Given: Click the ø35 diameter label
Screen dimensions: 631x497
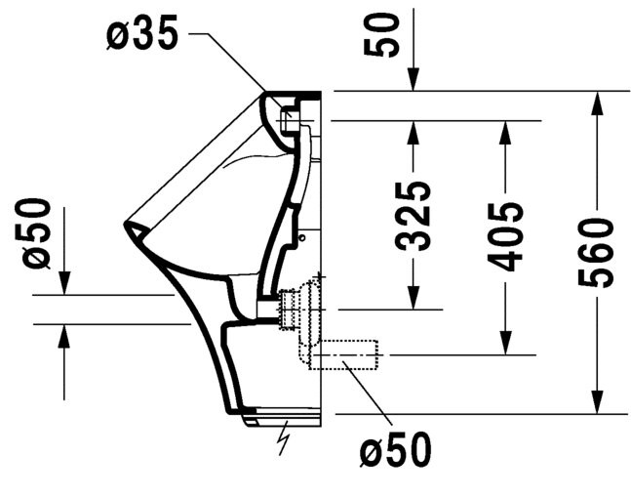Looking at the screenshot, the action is pyautogui.click(x=142, y=34).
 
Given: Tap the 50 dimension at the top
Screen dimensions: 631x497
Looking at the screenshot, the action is pyautogui.click(x=381, y=34).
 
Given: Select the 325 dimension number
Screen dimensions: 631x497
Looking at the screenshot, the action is pyautogui.click(x=414, y=217).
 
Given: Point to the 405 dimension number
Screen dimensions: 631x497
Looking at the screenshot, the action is pyautogui.click(x=505, y=236).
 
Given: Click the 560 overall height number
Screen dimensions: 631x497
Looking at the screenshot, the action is pyautogui.click(x=596, y=253).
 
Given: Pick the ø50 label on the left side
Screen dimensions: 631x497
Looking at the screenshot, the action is pyautogui.click(x=37, y=233).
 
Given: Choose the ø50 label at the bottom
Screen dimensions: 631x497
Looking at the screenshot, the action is pyautogui.click(x=395, y=449).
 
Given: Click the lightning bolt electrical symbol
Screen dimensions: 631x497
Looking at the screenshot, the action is pyautogui.click(x=285, y=437).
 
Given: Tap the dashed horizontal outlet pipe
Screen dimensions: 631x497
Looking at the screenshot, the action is pyautogui.click(x=344, y=354).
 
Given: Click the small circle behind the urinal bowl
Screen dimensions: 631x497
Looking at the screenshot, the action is pyautogui.click(x=301, y=237).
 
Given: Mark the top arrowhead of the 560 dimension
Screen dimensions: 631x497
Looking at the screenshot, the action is pyautogui.click(x=598, y=104).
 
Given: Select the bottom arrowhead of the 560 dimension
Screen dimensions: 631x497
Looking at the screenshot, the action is pyautogui.click(x=598, y=401).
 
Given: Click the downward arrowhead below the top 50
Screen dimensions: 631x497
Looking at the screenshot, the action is pyautogui.click(x=414, y=79).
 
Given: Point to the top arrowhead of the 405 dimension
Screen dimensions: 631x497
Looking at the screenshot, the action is pyautogui.click(x=505, y=133).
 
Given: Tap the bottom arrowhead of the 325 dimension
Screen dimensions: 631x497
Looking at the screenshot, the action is pyautogui.click(x=414, y=298).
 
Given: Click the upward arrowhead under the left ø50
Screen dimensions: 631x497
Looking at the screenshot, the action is pyautogui.click(x=63, y=336).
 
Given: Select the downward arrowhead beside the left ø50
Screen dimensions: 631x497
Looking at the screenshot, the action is pyautogui.click(x=64, y=283).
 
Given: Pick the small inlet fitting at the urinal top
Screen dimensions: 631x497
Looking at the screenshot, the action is pyautogui.click(x=288, y=119).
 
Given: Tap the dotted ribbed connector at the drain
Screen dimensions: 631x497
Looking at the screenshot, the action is pyautogui.click(x=288, y=309).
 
